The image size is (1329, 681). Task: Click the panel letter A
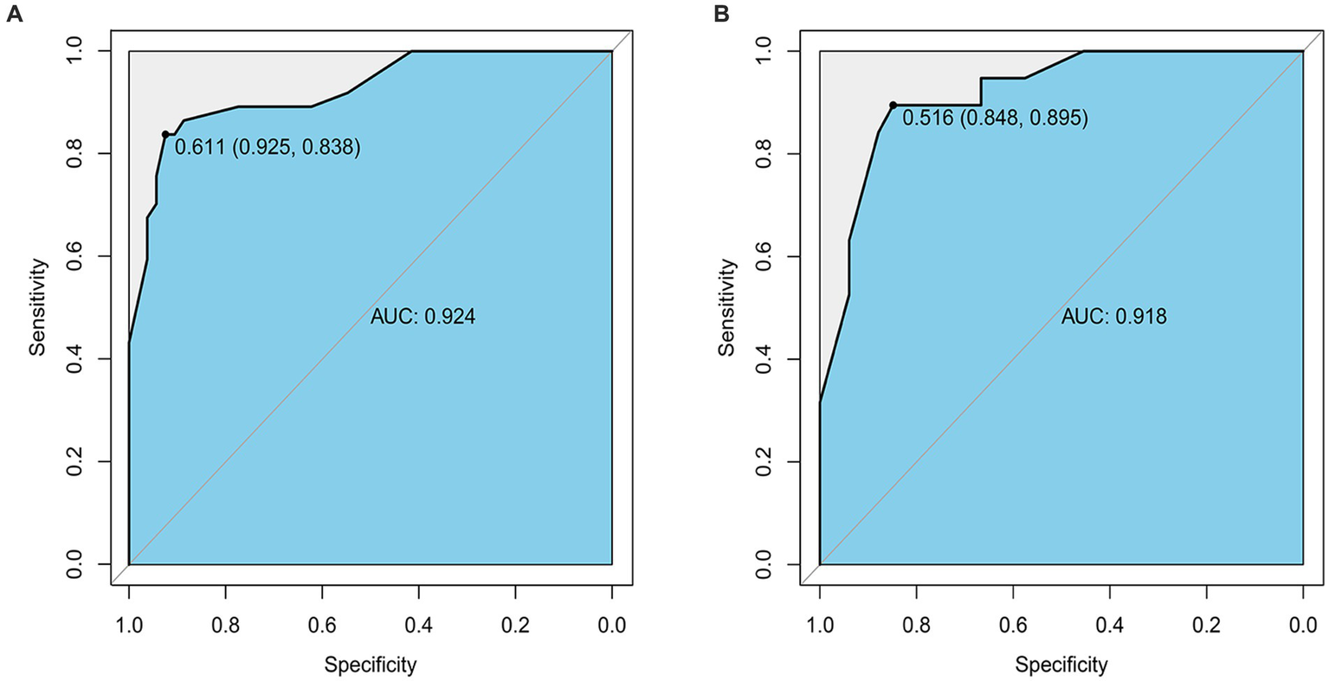click(x=13, y=14)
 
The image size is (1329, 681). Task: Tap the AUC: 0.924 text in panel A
click(x=423, y=317)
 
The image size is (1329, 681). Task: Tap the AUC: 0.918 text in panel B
click(x=1113, y=317)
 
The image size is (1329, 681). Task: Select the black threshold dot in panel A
click(x=165, y=134)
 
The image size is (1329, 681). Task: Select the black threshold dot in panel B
click(x=893, y=106)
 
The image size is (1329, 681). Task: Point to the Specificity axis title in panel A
click(x=371, y=665)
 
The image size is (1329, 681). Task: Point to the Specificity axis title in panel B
click(x=1061, y=665)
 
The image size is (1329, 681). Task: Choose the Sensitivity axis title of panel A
click(x=36, y=307)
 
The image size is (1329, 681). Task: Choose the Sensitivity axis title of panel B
click(x=727, y=307)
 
